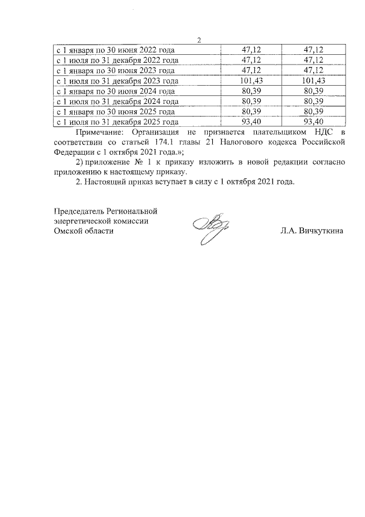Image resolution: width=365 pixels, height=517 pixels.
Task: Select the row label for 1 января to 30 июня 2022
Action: [x=114, y=50]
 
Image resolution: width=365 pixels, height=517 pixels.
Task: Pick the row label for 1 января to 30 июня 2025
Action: [x=114, y=111]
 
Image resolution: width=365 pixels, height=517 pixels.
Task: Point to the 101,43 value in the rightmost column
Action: [x=314, y=81]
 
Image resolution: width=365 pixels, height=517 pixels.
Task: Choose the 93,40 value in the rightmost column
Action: [x=314, y=122]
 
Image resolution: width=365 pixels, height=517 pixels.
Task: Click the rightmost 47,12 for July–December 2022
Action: [x=314, y=60]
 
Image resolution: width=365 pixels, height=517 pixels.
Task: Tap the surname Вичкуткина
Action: [x=319, y=231]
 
